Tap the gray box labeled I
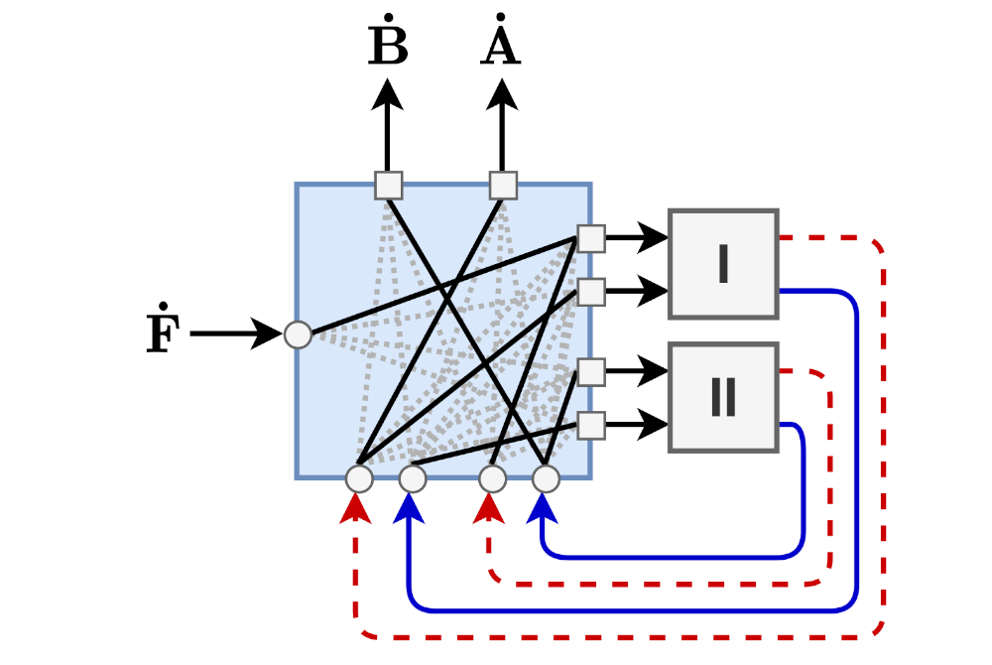pyautogui.click(x=723, y=264)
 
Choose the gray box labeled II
pyautogui.click(x=723, y=398)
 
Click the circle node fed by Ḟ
pyautogui.click(x=299, y=335)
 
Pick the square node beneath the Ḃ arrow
pyautogui.click(x=389, y=186)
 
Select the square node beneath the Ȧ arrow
pyautogui.click(x=503, y=186)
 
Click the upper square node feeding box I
pyautogui.click(x=591, y=238)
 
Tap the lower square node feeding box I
pyautogui.click(x=591, y=292)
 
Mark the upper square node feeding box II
pyautogui.click(x=591, y=372)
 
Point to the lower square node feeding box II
pyautogui.click(x=591, y=426)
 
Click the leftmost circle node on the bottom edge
pyautogui.click(x=359, y=479)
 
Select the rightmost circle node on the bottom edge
pyautogui.click(x=546, y=479)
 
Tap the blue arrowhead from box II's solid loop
pyautogui.click(x=542, y=507)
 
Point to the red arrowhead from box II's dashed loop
pyautogui.click(x=487, y=507)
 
